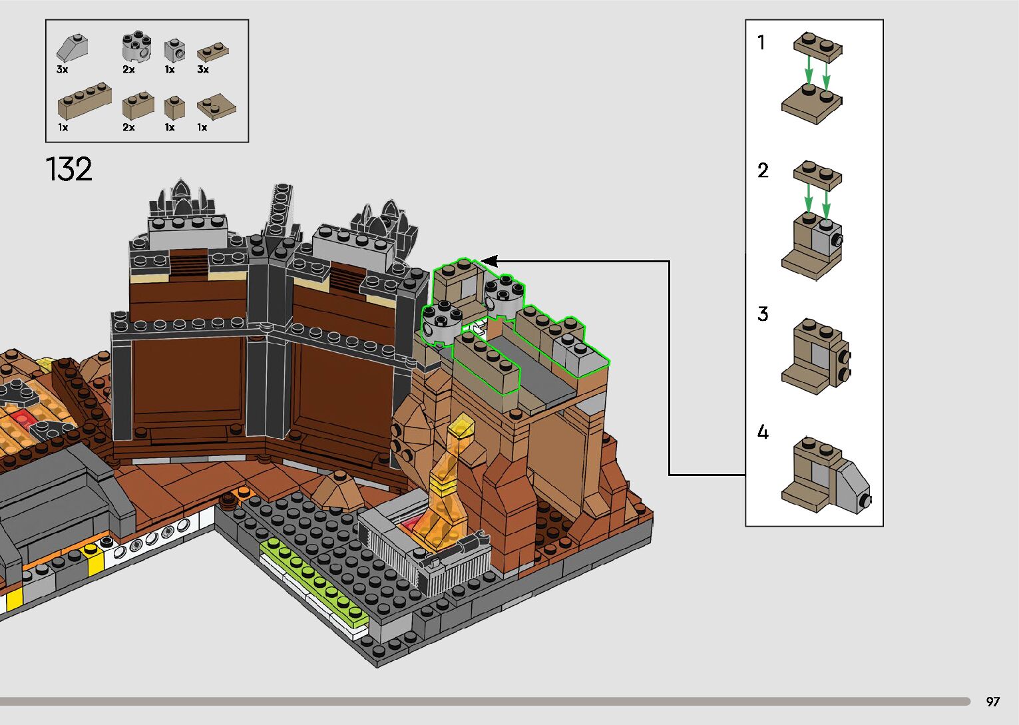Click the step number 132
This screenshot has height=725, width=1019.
point(69,169)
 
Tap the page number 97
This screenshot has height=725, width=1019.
point(993,701)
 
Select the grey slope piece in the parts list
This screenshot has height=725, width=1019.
point(72,47)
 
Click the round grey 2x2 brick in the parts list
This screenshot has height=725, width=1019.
point(137,47)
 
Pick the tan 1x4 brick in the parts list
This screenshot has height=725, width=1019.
point(85,101)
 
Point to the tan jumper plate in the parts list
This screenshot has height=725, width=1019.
point(216,107)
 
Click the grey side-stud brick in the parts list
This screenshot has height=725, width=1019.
point(174,50)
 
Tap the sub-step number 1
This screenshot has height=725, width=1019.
point(761,43)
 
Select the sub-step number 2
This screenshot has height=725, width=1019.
point(763,170)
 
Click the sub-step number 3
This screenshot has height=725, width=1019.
point(763,314)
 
